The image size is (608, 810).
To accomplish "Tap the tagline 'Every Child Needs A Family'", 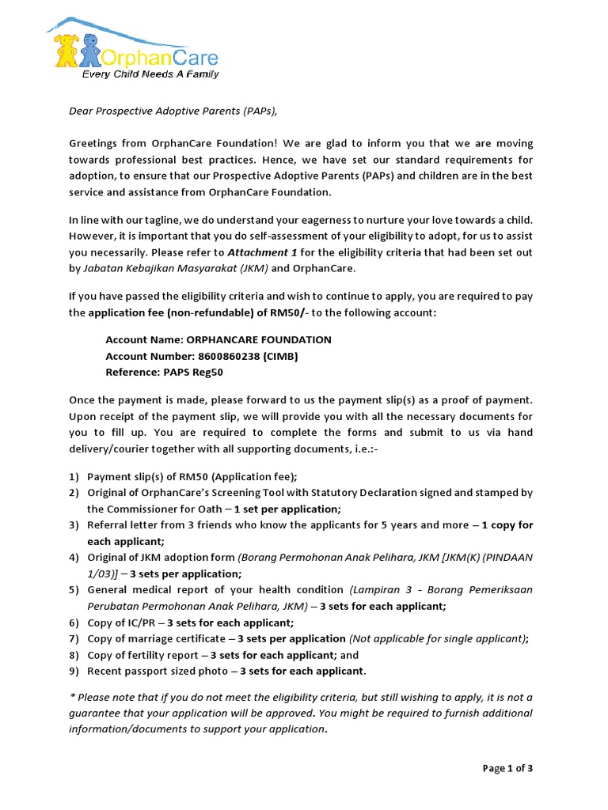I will click(x=151, y=74).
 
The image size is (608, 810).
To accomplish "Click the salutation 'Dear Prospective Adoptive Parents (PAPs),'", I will click(x=173, y=111).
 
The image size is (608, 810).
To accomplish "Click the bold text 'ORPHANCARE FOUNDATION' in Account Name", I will click(x=259, y=339).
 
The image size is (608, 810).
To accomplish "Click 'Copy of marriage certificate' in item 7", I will click(x=158, y=639).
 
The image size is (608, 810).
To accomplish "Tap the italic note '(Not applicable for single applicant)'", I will click(x=439, y=639).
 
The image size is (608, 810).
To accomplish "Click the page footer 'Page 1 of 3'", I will click(x=507, y=768).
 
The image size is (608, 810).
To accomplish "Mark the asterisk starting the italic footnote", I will click(x=71, y=696).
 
